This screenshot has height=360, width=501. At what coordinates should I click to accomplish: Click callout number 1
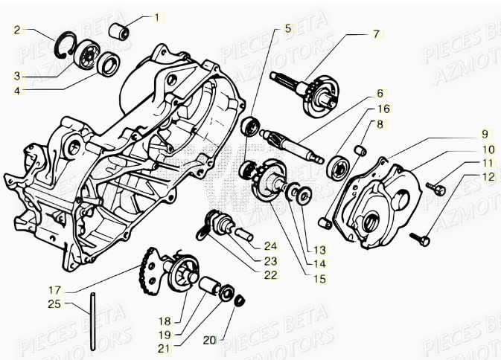coord(157,16)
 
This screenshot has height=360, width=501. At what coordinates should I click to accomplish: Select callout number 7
coord(376,33)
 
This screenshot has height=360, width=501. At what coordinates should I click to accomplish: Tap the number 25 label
coord(54,303)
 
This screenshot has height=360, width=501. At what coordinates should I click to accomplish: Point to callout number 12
coord(488,176)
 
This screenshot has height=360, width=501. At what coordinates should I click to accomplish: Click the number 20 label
coord(209,340)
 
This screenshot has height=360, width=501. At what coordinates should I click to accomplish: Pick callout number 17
coord(54,289)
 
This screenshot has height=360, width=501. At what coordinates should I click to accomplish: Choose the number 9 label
coord(485,134)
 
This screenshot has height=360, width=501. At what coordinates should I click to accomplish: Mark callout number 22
coord(270,274)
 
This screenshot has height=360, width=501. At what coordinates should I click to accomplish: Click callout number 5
coord(288,30)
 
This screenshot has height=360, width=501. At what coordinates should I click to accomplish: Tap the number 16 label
coord(383,108)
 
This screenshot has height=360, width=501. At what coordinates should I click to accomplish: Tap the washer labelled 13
coord(304,196)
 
